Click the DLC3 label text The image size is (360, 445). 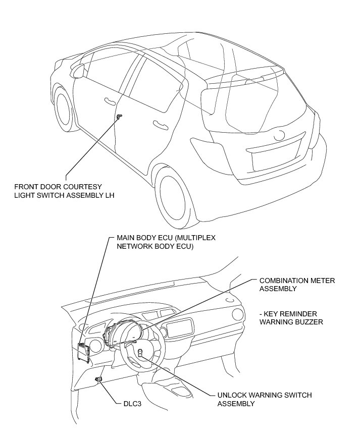click(133, 403)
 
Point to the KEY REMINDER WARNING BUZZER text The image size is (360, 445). click(291, 317)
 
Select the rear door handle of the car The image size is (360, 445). click(161, 124)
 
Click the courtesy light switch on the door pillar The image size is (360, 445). click(119, 117)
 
